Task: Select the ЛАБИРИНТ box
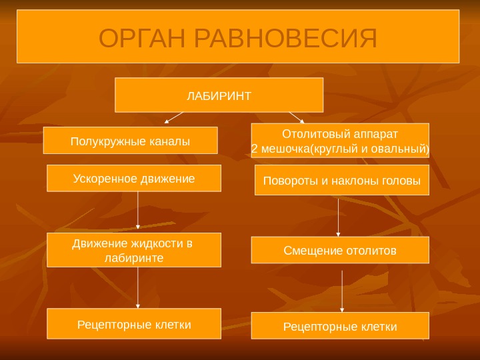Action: tap(219, 95)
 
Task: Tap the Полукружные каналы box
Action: tap(130, 141)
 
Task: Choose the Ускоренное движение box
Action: tap(133, 179)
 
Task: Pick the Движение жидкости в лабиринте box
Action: tap(134, 250)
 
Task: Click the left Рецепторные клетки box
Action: tap(134, 325)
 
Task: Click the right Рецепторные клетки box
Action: tap(340, 326)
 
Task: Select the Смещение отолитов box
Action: tap(340, 251)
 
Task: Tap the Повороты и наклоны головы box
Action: tap(342, 180)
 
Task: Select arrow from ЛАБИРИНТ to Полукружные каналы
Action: tap(173, 118)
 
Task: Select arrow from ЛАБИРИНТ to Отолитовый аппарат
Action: tap(297, 117)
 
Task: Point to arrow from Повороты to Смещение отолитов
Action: tap(339, 216)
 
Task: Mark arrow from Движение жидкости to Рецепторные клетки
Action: tap(137, 287)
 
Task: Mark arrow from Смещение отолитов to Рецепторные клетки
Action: tap(342, 287)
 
